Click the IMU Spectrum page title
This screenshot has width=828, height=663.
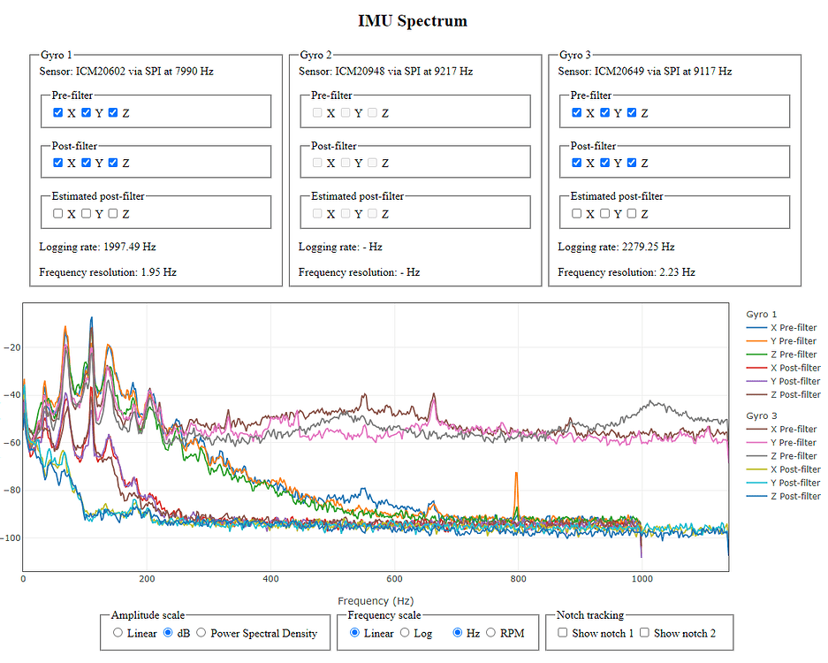click(x=413, y=20)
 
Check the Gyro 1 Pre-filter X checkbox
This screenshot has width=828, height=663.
click(x=58, y=113)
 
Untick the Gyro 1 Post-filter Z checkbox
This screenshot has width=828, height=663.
click(x=113, y=163)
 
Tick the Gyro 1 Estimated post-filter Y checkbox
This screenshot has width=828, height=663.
click(x=87, y=214)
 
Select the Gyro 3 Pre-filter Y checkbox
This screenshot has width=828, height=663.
click(x=605, y=113)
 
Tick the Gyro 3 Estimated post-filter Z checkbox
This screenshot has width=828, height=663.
click(x=633, y=214)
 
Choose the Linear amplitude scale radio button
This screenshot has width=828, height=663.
click(x=118, y=633)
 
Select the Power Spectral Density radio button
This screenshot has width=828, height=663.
click(x=201, y=633)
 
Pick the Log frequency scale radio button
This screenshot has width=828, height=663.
click(x=405, y=633)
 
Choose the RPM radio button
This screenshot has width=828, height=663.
click(x=490, y=633)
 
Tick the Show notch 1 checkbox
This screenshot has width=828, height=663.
click(x=564, y=633)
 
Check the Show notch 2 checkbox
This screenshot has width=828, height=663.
click(x=645, y=633)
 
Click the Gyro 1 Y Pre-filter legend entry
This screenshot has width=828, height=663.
click(x=783, y=341)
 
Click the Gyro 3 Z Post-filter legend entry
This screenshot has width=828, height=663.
click(x=783, y=497)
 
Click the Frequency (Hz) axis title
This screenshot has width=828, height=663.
click(x=376, y=601)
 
